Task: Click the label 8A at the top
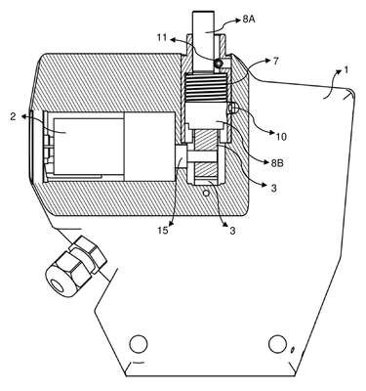249,20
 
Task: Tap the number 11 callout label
161,38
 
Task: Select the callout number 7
275,61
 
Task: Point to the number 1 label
346,69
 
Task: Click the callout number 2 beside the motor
13,116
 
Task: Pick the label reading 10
281,137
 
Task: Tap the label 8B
277,163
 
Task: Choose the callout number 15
163,231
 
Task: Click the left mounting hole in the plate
139,344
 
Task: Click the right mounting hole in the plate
277,344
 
